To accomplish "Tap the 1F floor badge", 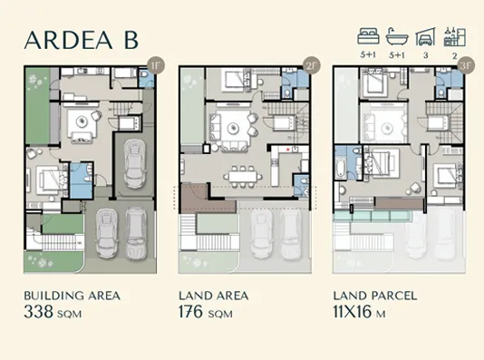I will click(x=155, y=65).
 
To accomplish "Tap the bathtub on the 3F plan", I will click(x=341, y=168).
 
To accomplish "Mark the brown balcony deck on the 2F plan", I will click(x=195, y=197).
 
